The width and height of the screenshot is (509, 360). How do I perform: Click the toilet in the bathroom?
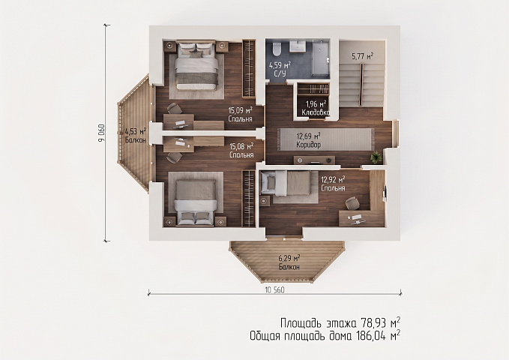[277, 49]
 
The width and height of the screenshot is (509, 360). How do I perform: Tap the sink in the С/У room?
[298, 46]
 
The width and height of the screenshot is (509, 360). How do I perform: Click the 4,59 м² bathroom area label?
[280, 65]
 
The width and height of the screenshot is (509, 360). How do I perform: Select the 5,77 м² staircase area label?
[362, 56]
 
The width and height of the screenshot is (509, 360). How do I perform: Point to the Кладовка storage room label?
[316, 112]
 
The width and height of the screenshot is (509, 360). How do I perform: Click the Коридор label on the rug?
[308, 145]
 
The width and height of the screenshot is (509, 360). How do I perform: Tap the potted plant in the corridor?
[376, 157]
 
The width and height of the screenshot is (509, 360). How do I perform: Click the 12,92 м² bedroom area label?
[333, 179]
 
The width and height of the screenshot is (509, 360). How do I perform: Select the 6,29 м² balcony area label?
[289, 259]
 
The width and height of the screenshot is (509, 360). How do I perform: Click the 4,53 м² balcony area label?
[136, 131]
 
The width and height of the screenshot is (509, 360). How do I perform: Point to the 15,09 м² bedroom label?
[241, 111]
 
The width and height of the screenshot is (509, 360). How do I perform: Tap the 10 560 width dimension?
[274, 290]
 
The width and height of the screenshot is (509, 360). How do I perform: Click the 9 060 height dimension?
[101, 133]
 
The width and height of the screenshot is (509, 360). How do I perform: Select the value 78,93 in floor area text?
[373, 323]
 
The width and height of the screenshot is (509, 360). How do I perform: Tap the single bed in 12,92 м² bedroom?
[286, 184]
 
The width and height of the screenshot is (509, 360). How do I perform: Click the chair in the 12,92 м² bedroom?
[352, 203]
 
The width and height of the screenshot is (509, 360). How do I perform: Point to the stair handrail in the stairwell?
[361, 82]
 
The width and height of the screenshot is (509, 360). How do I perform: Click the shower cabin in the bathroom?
[321, 58]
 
